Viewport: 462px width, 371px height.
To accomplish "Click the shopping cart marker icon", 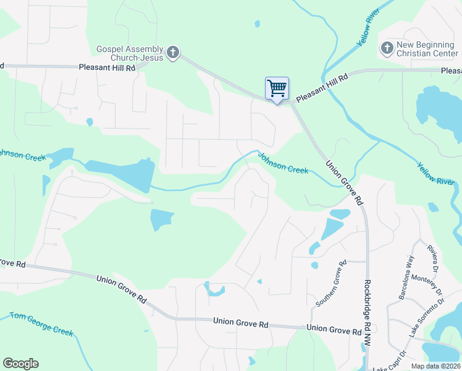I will (x=277, y=88).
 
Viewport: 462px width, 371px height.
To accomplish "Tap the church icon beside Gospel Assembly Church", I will (x=174, y=53).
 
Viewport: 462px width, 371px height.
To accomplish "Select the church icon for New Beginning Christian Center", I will (x=387, y=48).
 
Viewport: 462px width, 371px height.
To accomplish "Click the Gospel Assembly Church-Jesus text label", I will (x=130, y=53).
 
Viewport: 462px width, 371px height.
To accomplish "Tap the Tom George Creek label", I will (x=41, y=323).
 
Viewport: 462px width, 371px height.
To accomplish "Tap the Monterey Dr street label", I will (x=427, y=285).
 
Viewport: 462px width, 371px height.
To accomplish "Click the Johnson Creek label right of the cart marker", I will (x=283, y=164).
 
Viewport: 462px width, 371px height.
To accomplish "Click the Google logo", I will (x=20, y=364).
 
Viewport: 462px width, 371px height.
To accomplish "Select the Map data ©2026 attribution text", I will (x=435, y=366).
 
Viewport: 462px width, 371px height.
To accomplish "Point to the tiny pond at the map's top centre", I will (x=257, y=25).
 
